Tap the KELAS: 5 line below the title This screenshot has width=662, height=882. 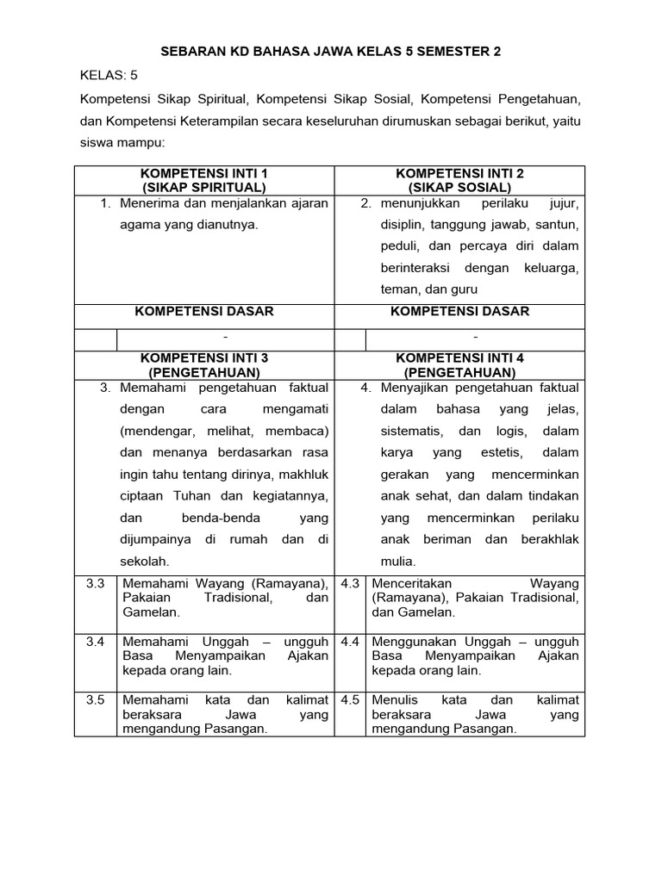(x=109, y=76)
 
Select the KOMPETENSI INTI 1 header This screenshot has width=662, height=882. (x=204, y=173)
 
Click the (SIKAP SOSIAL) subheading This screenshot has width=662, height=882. (x=459, y=187)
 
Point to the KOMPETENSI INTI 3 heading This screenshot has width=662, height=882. (x=204, y=357)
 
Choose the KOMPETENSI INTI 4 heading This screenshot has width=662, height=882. (x=459, y=357)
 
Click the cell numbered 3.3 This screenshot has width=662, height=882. (x=95, y=583)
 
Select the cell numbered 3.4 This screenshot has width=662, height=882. (x=95, y=642)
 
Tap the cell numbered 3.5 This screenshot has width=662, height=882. (x=95, y=699)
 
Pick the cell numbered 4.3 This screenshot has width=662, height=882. (x=350, y=583)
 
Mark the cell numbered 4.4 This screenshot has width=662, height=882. (x=350, y=642)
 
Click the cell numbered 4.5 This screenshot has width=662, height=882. (x=350, y=699)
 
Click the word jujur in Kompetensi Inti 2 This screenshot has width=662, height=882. (x=564, y=203)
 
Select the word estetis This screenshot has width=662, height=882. (x=499, y=452)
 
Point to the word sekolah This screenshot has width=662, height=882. (x=145, y=561)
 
